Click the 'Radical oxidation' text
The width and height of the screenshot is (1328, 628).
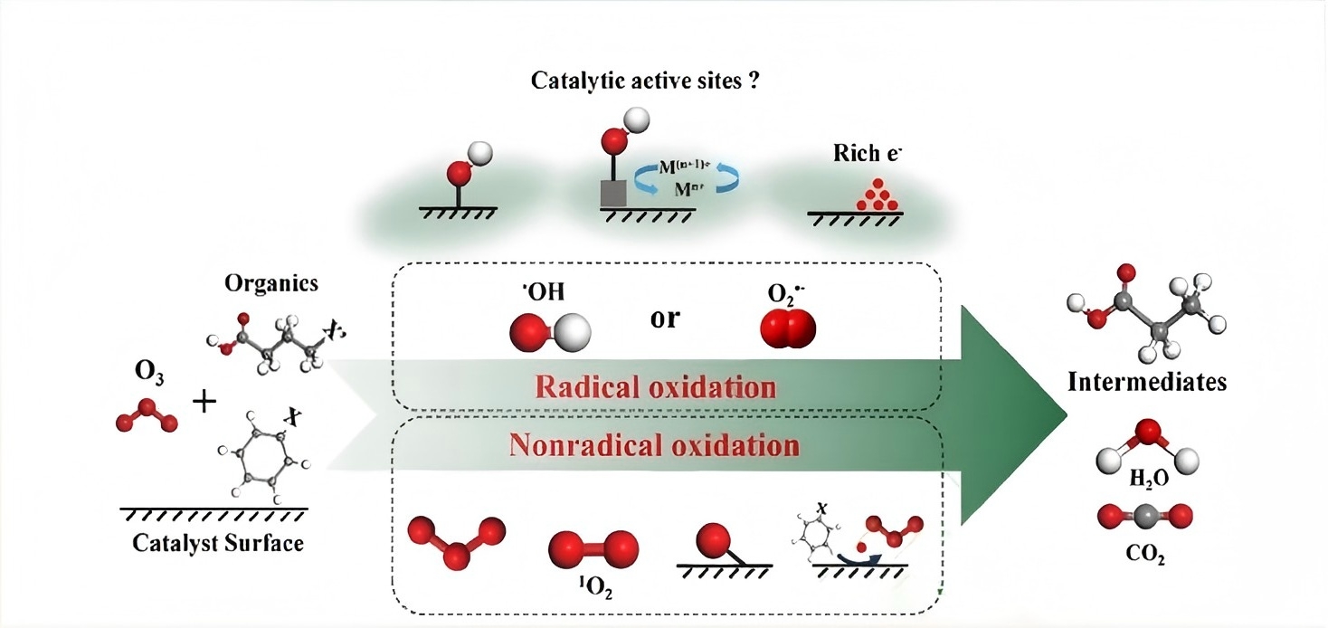click(x=656, y=387)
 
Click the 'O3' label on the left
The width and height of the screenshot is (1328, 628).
click(x=150, y=373)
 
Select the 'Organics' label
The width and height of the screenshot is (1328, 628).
click(x=271, y=282)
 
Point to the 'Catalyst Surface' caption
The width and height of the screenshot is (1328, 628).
click(x=218, y=543)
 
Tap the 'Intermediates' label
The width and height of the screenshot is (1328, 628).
click(x=1147, y=381)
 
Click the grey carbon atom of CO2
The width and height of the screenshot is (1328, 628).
click(x=1145, y=517)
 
